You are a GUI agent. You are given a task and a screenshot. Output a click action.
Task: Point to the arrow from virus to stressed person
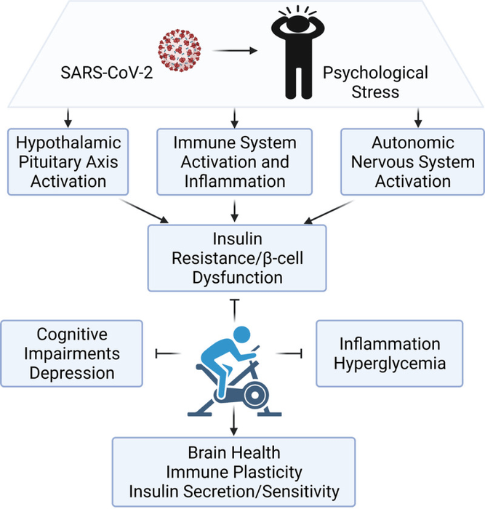(233, 50)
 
